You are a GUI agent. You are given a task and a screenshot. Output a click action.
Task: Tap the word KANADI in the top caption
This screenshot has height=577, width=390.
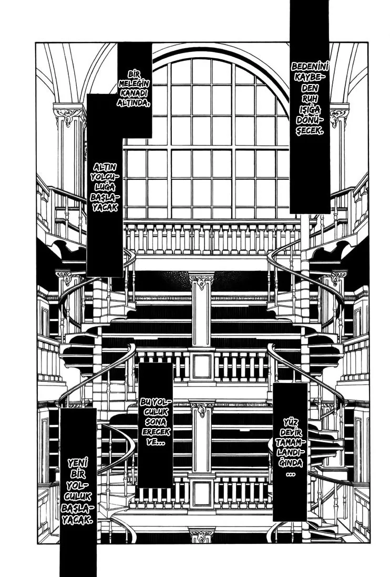pyautogui.click(x=134, y=93)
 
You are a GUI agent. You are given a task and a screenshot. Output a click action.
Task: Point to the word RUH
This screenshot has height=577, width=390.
pyautogui.click(x=310, y=98)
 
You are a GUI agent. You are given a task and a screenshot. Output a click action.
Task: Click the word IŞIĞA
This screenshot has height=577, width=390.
pyautogui.click(x=310, y=109)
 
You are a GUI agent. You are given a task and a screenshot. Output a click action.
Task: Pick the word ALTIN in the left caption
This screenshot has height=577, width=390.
pyautogui.click(x=104, y=167)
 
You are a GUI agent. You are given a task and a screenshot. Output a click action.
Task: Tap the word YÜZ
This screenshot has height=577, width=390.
pyautogui.click(x=290, y=422)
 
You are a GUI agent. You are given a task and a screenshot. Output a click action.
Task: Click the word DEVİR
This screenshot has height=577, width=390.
pyautogui.click(x=290, y=432)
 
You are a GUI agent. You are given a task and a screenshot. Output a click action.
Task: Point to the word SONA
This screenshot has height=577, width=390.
pyautogui.click(x=156, y=422)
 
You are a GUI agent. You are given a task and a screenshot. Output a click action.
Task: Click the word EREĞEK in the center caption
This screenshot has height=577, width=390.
pyautogui.click(x=156, y=432)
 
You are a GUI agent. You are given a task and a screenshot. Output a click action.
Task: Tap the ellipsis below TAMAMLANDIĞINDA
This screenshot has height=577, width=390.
pyautogui.click(x=290, y=474)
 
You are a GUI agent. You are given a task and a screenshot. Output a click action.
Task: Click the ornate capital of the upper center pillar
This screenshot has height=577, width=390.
pyautogui.click(x=201, y=281)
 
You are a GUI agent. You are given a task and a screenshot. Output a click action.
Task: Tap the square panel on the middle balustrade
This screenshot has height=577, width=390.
pyautogui.click(x=202, y=366)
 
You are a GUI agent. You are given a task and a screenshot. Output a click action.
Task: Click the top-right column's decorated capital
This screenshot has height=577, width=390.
pyautogui.click(x=338, y=116)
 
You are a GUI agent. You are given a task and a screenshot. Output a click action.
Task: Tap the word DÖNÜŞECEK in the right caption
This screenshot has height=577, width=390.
pyautogui.click(x=310, y=125)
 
